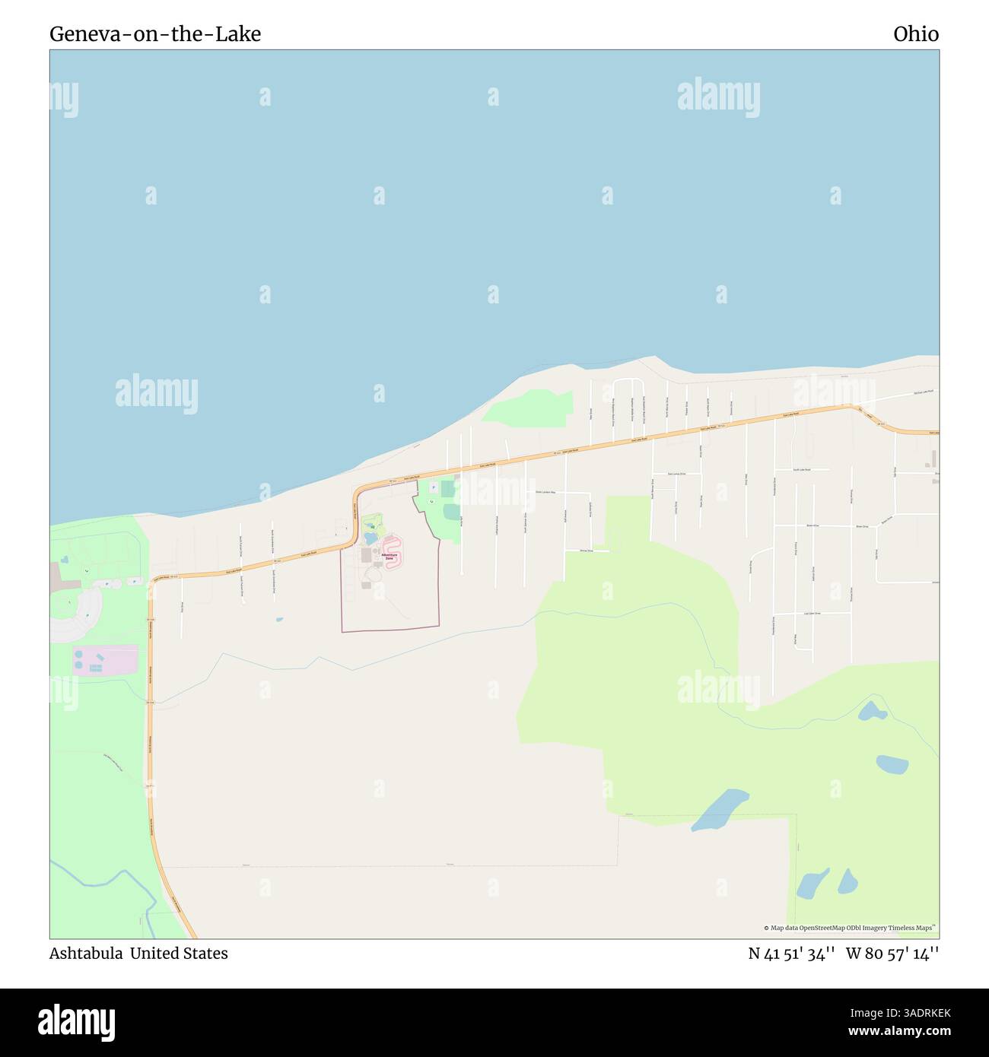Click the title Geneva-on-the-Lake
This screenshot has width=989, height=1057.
coord(155,34)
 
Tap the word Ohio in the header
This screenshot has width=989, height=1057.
coord(916,34)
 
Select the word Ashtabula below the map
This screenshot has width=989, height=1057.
coord(86,954)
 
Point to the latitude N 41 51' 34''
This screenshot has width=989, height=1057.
coord(792,954)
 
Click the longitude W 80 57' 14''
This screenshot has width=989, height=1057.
coord(892,954)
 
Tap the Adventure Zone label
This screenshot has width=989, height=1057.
coord(390,557)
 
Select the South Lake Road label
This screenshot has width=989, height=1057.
coord(802,470)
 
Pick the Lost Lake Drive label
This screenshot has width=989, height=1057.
coord(812,613)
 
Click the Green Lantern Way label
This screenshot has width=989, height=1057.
coord(545,492)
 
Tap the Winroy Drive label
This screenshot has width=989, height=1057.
coord(586,550)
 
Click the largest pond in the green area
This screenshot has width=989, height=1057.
coord(720,808)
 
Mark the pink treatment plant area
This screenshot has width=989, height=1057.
coord(106,659)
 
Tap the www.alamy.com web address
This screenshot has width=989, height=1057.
coord(899,1032)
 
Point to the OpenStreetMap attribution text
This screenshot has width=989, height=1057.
coord(850,928)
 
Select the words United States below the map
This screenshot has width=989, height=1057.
coord(179,954)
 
